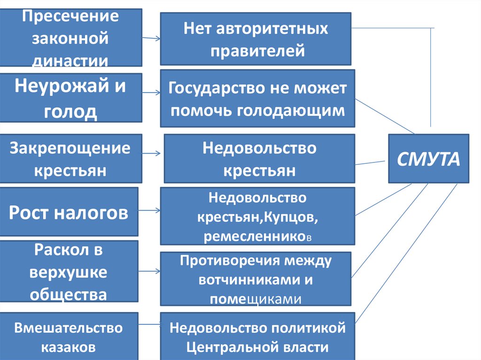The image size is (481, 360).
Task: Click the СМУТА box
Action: pos(428,159)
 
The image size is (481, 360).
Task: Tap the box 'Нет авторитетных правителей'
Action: pos(256,39)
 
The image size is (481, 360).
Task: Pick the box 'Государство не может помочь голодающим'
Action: pos(257,99)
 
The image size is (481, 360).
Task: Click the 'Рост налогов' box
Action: pos(69,212)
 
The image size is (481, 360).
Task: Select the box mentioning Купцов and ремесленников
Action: pos(257,216)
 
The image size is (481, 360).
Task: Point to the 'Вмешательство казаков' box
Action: pos(69,336)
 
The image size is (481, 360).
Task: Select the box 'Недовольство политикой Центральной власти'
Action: pos(257,337)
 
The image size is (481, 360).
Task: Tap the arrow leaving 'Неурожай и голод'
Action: pos(151,93)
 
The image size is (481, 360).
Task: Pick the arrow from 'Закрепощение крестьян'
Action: pos(152,153)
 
